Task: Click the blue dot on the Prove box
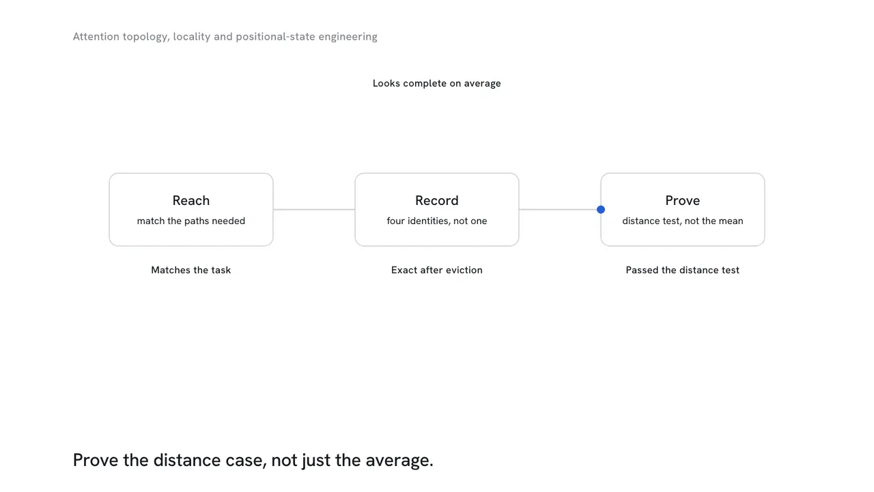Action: (x=601, y=210)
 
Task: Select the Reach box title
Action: (x=191, y=200)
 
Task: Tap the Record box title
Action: (x=436, y=200)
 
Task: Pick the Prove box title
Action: (x=682, y=200)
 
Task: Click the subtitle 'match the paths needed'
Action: (x=191, y=221)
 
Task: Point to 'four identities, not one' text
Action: (x=436, y=221)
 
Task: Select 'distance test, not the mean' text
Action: (x=682, y=221)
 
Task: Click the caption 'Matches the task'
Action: (x=191, y=270)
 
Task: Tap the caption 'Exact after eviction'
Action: (x=436, y=270)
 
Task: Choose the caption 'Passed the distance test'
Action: (x=682, y=270)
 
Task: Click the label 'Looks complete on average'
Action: (x=436, y=83)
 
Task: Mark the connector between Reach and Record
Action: (x=314, y=210)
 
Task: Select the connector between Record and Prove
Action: (x=560, y=210)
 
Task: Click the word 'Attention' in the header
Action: (x=96, y=37)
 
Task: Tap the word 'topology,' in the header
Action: (x=146, y=37)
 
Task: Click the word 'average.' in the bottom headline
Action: (x=399, y=461)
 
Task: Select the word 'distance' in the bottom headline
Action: (x=187, y=461)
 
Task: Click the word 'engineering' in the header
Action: (x=348, y=37)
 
